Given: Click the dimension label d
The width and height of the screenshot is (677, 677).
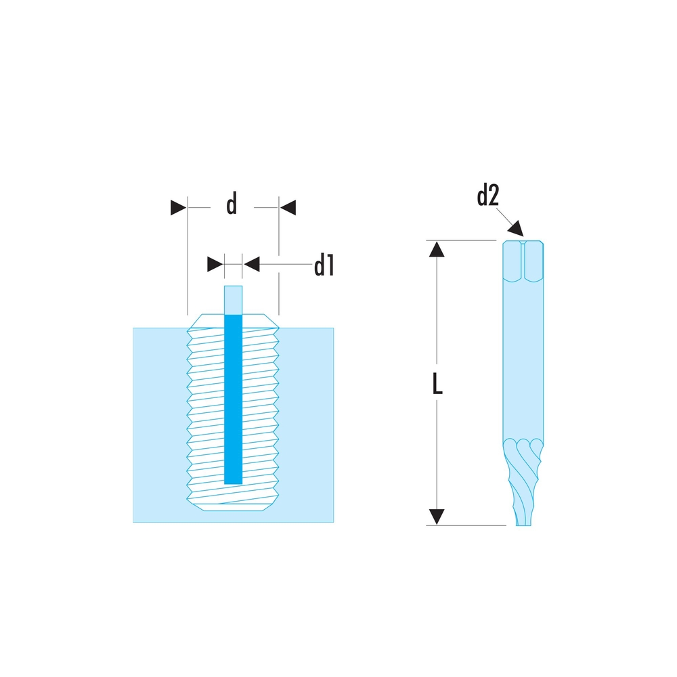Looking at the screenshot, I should (232, 204).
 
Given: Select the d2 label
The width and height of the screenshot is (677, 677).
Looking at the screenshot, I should (487, 196).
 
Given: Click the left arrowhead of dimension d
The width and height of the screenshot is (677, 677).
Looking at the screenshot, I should (178, 207).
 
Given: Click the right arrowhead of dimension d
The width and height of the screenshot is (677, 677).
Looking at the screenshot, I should (288, 207).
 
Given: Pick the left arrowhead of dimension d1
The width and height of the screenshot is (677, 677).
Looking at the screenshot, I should (215, 264).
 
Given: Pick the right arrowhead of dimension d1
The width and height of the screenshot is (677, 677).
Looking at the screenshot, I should (252, 264).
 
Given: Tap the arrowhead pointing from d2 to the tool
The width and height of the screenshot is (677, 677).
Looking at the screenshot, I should (517, 227).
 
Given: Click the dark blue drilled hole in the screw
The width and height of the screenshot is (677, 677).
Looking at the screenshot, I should (233, 399).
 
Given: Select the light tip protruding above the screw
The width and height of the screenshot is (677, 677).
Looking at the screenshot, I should (233, 299).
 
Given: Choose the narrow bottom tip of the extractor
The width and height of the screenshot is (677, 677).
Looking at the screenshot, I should (523, 518).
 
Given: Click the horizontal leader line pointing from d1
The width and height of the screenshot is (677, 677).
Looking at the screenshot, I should (284, 264).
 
